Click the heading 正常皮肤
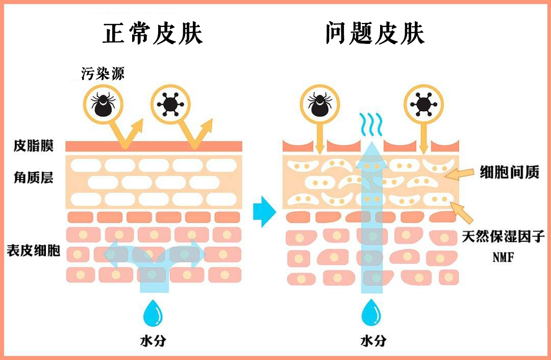pyautogui.click(x=153, y=34)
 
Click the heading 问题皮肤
pyautogui.click(x=375, y=34)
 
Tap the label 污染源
pyautogui.click(x=103, y=73)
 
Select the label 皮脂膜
pyautogui.click(x=33, y=146)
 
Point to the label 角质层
pyautogui.click(x=33, y=178)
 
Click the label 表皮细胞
pyautogui.click(x=33, y=251)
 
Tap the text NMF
pyautogui.click(x=503, y=258)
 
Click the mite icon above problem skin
pyautogui.click(x=320, y=104)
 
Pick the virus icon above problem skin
pyautogui.click(x=422, y=104)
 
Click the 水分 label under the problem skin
pyautogui.click(x=373, y=341)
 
